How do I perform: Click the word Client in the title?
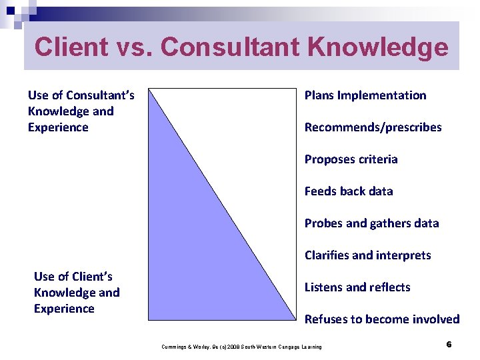pyautogui.click(x=69, y=47)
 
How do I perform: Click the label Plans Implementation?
pyautogui.click(x=365, y=95)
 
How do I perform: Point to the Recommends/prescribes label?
pyautogui.click(x=373, y=127)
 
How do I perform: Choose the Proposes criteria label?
pyautogui.click(x=351, y=159)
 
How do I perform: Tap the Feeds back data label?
pyautogui.click(x=349, y=191)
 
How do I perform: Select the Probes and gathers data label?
pyautogui.click(x=371, y=223)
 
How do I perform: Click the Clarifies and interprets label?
pyautogui.click(x=367, y=255)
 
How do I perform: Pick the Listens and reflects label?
pyautogui.click(x=357, y=287)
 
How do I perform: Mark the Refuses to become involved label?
pyautogui.click(x=382, y=319)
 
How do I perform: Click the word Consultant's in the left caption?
pyautogui.click(x=99, y=95)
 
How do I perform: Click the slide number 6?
pyautogui.click(x=449, y=345)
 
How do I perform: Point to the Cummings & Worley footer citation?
pyautogui.click(x=241, y=347)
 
